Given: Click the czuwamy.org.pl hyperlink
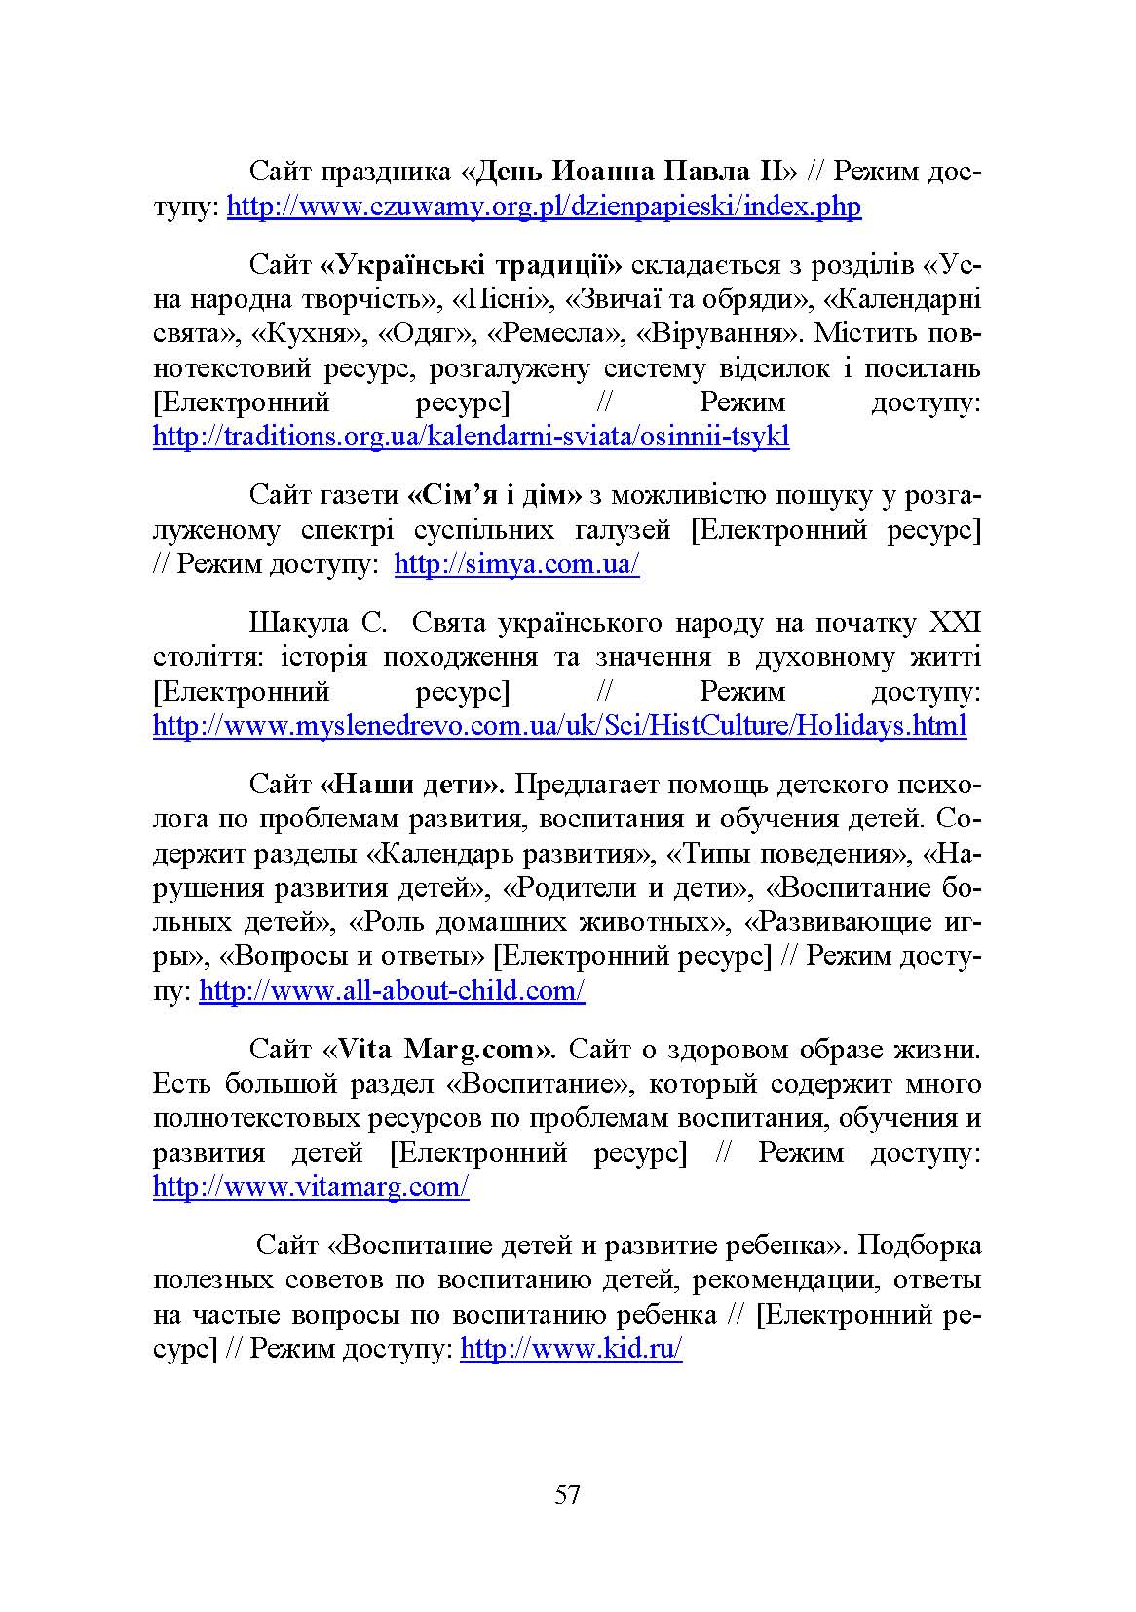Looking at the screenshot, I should pos(544,207).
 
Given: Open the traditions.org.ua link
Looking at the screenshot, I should pos(471,436).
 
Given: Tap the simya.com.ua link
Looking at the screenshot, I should pos(516,564).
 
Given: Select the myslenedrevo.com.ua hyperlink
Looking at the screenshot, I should pos(559,725).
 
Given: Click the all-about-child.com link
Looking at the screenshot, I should pos(392,991).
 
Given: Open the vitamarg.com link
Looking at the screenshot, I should pos(311,1187).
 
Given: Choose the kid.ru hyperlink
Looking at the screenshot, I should pos(571,1349).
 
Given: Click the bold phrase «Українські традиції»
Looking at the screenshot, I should pos(471,265).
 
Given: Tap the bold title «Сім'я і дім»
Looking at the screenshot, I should pos(494,495).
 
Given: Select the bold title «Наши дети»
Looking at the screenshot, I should pos(411,785).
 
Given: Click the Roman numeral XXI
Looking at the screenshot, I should pos(956,623).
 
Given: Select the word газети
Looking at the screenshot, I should pos(360,495).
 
